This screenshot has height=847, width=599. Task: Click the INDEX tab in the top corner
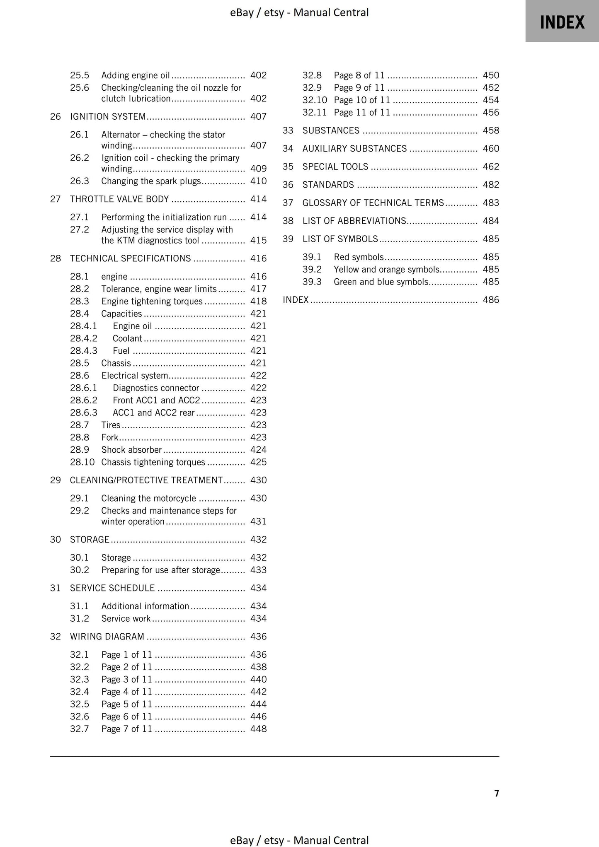click(x=562, y=22)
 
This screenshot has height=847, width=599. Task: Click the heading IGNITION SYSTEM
click(x=108, y=117)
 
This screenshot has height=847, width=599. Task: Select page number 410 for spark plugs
click(x=258, y=181)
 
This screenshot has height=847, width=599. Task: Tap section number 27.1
click(x=79, y=217)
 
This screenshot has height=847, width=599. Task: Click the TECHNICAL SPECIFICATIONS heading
click(x=130, y=258)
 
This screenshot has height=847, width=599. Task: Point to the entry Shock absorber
click(x=131, y=450)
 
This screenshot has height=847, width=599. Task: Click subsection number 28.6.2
click(x=83, y=401)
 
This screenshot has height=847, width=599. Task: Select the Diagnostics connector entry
click(x=156, y=388)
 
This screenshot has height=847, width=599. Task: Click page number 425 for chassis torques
click(x=258, y=462)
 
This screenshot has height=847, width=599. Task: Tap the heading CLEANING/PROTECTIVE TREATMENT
click(x=146, y=480)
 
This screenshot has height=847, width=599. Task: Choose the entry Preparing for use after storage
click(x=160, y=570)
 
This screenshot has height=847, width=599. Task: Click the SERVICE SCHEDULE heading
click(x=112, y=588)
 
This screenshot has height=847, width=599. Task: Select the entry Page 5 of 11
click(x=126, y=704)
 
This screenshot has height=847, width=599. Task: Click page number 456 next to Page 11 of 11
click(x=491, y=113)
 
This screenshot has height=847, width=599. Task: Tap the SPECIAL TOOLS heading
click(x=335, y=167)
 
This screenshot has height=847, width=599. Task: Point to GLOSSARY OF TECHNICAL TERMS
click(x=373, y=203)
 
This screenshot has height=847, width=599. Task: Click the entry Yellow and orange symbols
click(x=386, y=270)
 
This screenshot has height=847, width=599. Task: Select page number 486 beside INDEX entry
click(x=491, y=300)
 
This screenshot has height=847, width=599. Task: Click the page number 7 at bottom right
click(x=496, y=794)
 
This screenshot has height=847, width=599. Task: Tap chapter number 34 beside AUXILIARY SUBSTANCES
click(x=288, y=149)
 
